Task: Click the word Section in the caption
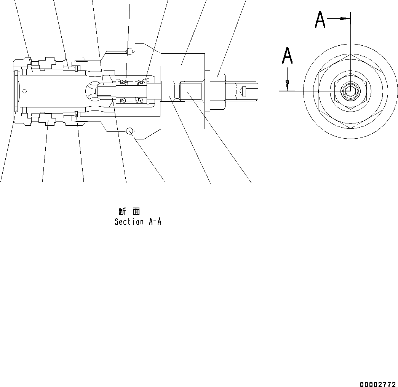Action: [x=129, y=222]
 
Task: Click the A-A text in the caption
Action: [x=154, y=222]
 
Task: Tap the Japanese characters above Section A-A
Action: [x=129, y=212]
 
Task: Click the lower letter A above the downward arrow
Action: [x=288, y=56]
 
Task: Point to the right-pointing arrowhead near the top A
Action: [x=345, y=18]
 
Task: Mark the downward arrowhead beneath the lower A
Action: [x=288, y=84]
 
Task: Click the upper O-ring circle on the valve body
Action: [x=130, y=51]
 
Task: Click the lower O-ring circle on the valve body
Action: [x=130, y=131]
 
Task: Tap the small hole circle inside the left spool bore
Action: [x=25, y=91]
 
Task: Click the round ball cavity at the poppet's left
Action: [x=91, y=91]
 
